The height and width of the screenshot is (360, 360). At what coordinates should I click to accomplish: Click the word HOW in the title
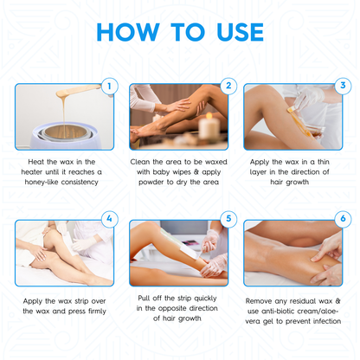click(130, 32)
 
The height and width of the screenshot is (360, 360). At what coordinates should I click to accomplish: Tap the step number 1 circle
click(108, 86)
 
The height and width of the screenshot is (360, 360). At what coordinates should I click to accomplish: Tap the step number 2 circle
click(228, 86)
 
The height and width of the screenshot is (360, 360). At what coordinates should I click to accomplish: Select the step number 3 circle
click(343, 86)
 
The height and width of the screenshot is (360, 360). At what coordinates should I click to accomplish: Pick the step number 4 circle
click(108, 219)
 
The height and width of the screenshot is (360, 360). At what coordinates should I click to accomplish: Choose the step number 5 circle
click(228, 219)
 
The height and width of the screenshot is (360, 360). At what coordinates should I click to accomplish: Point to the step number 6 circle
click(343, 219)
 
